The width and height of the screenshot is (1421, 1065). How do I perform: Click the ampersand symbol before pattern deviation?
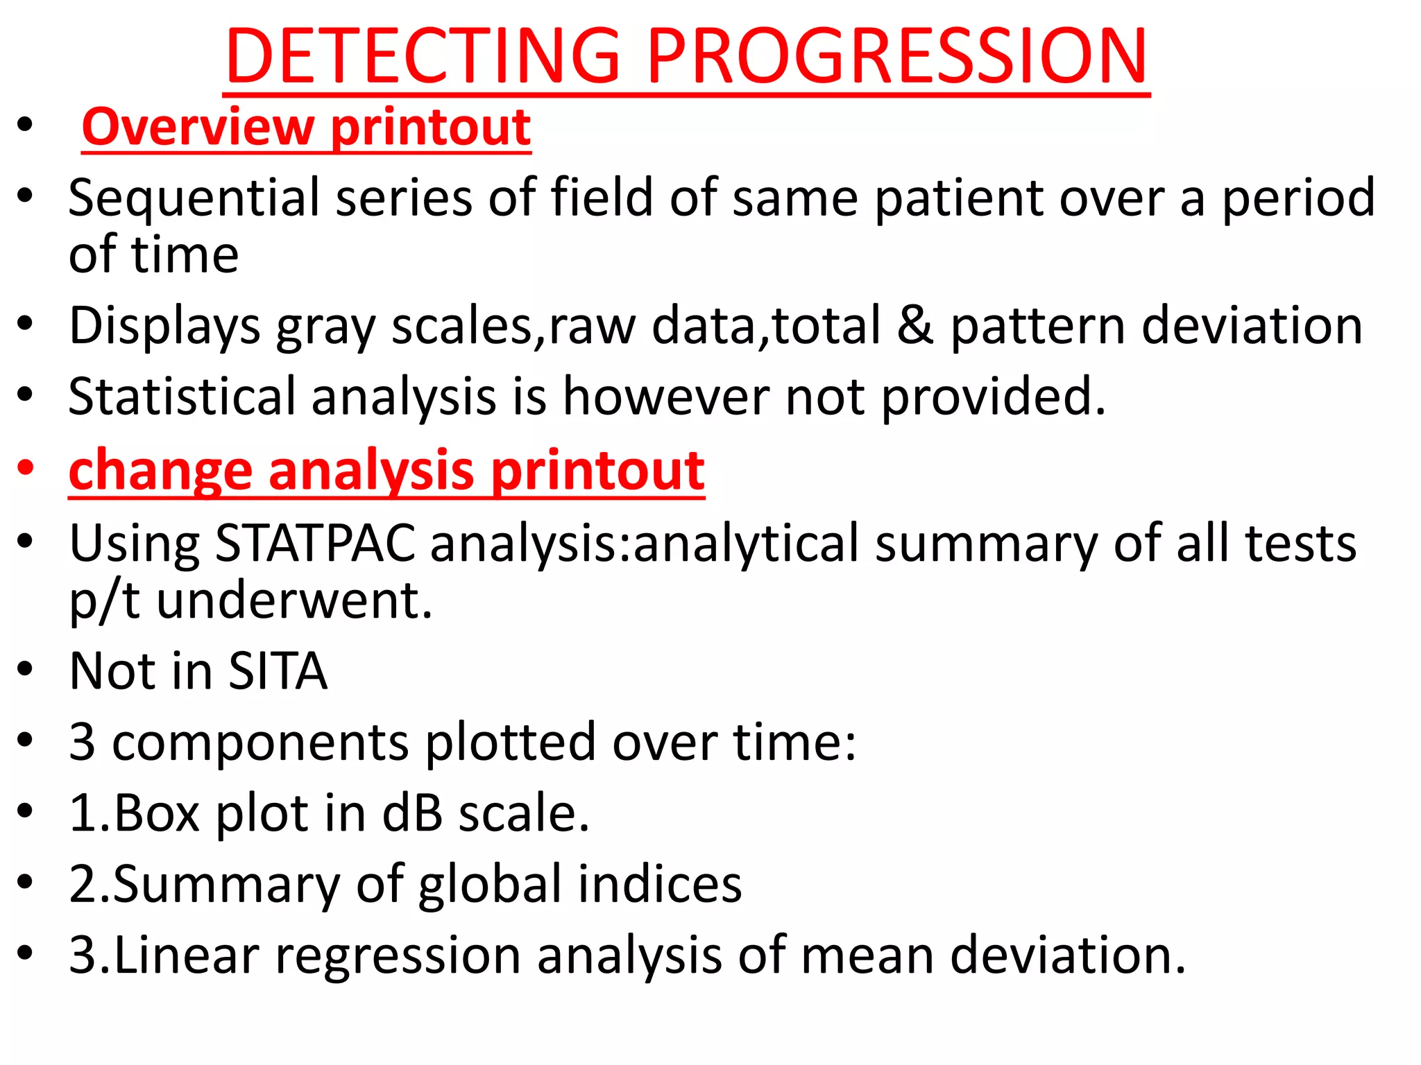coord(914,326)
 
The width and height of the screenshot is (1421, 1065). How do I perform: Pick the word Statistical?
coord(182,397)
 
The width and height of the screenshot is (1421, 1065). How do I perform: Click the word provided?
coord(993,397)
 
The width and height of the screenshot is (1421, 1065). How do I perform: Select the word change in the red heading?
coord(160,471)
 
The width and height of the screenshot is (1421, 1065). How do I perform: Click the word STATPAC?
coord(315,543)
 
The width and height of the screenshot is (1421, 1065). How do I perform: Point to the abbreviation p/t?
coord(104,601)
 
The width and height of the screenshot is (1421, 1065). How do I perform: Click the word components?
coord(260,743)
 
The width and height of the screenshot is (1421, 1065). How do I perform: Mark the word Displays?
coord(164,326)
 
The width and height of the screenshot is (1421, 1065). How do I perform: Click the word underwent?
coord(294,600)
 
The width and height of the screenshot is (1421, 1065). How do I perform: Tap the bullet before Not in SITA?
coord(26,670)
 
